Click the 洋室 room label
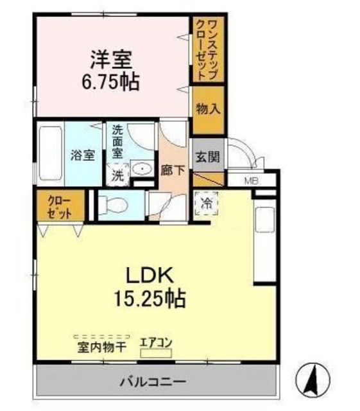click(111, 60)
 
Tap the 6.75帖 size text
click(110, 82)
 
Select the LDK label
click(150, 275)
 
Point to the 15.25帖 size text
click(150, 298)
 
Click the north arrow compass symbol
click(313, 379)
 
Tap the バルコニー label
click(153, 381)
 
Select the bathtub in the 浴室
click(50, 153)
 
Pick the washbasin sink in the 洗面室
click(142, 168)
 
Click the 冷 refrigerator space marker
click(207, 204)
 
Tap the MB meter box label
click(252, 180)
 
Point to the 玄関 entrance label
click(208, 157)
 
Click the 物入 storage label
click(209, 109)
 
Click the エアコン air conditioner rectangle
click(156, 354)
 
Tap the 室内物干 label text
click(102, 348)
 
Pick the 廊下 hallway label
click(173, 171)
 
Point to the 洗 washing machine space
click(117, 175)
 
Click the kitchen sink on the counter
click(265, 220)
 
